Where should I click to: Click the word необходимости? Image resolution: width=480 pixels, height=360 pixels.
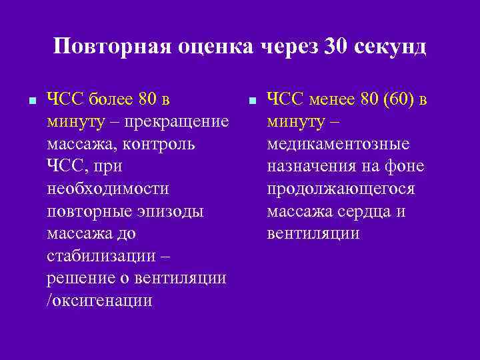point(108,189)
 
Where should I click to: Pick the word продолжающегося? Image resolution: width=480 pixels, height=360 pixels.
point(341,189)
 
